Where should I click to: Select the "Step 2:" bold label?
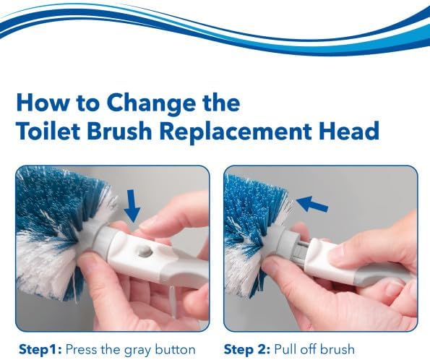click(x=246, y=350)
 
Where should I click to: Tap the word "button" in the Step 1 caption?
click(x=174, y=350)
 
